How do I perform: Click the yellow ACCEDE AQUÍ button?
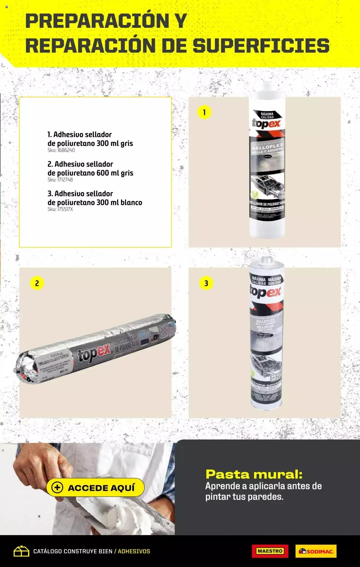click(95, 487)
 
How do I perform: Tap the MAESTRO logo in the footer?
click(270, 551)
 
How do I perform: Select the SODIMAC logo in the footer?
click(316, 551)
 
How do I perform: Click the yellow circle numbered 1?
click(204, 112)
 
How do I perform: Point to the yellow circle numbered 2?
click(37, 283)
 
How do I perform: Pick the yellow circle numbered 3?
click(206, 283)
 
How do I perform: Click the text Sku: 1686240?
click(61, 150)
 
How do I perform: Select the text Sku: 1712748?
click(60, 180)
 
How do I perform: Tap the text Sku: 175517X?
click(60, 209)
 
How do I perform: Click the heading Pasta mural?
click(254, 474)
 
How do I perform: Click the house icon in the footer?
click(21, 551)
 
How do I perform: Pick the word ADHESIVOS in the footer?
click(134, 551)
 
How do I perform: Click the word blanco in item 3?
click(131, 202)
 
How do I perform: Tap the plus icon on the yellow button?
click(58, 488)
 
